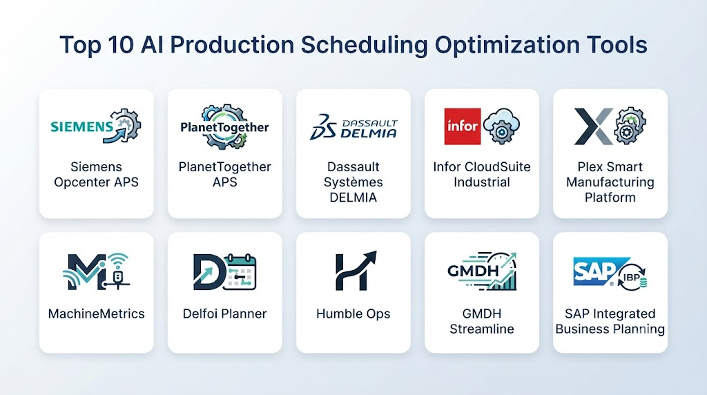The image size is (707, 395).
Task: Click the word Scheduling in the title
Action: pos(364,46)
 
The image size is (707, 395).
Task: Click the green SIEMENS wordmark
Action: pos(81,126)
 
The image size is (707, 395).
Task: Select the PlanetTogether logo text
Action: pos(224,128)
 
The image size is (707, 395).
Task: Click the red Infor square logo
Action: pos(462,126)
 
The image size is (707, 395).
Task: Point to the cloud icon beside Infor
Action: pos(501,126)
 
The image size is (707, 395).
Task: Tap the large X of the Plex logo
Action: pos(593,126)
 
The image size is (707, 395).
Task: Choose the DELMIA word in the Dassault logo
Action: pos(369,133)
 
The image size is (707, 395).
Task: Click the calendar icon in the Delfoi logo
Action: pos(240,272)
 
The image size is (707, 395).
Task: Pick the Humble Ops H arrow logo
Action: pos(355,271)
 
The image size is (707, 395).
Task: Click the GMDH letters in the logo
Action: pos(473,271)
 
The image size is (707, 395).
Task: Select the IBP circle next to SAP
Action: pos(632,277)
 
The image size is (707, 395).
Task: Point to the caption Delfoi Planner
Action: pos(224,314)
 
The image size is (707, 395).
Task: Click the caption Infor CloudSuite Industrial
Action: pos(481,175)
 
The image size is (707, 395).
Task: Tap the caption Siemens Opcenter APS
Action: pos(96,175)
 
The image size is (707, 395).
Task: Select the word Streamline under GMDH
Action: pos(481,329)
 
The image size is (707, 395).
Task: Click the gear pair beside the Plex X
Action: pos(630,126)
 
